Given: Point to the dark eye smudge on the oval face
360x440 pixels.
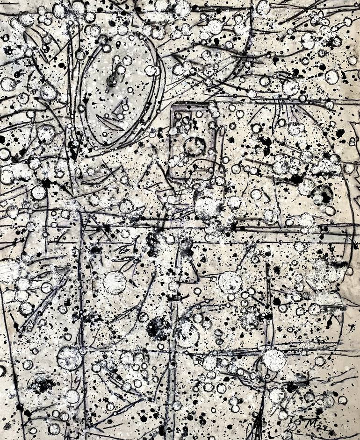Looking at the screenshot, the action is [112, 80].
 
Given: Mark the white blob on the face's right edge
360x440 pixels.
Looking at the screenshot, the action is [151, 71].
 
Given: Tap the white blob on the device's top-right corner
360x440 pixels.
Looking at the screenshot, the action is [215, 108].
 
